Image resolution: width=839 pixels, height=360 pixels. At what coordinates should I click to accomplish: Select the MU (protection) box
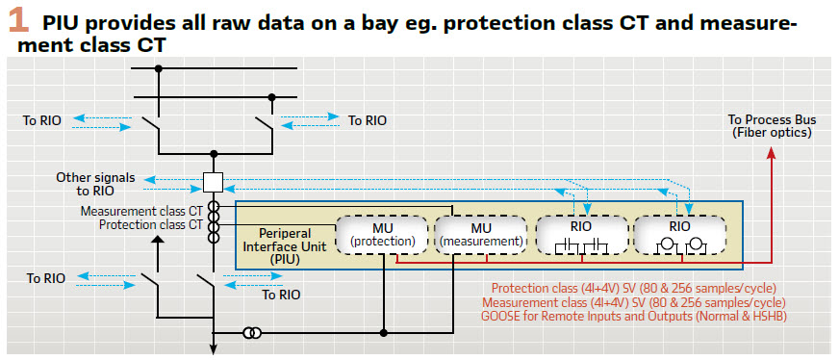(382, 234)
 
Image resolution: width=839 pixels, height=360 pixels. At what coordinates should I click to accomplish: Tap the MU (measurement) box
(480, 234)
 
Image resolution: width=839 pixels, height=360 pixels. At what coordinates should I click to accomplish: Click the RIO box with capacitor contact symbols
(582, 234)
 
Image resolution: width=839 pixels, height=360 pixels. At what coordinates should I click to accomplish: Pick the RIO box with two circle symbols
(680, 234)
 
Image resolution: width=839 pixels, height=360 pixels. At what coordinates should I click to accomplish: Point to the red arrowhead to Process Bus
(771, 152)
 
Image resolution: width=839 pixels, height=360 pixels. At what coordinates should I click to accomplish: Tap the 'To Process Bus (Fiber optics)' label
(771, 126)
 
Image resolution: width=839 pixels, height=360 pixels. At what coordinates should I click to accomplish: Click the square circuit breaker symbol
(213, 183)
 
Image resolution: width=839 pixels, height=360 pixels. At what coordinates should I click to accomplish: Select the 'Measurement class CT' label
(141, 212)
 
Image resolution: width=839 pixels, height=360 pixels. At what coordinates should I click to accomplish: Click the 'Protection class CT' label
(151, 224)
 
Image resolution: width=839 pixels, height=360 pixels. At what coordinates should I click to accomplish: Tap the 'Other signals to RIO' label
(96, 184)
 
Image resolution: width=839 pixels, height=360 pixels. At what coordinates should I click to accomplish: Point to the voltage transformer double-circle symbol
(252, 333)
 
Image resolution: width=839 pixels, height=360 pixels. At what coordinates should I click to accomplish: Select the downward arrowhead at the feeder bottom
(213, 348)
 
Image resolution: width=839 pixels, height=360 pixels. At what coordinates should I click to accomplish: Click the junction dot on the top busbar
(158, 68)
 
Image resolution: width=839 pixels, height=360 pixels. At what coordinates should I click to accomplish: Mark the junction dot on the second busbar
(272, 97)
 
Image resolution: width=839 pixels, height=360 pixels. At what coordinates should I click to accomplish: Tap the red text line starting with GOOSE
(633, 316)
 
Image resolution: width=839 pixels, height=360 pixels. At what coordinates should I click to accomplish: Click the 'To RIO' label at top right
(368, 120)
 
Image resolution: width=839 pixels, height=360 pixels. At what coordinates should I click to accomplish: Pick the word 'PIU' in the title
(59, 23)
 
